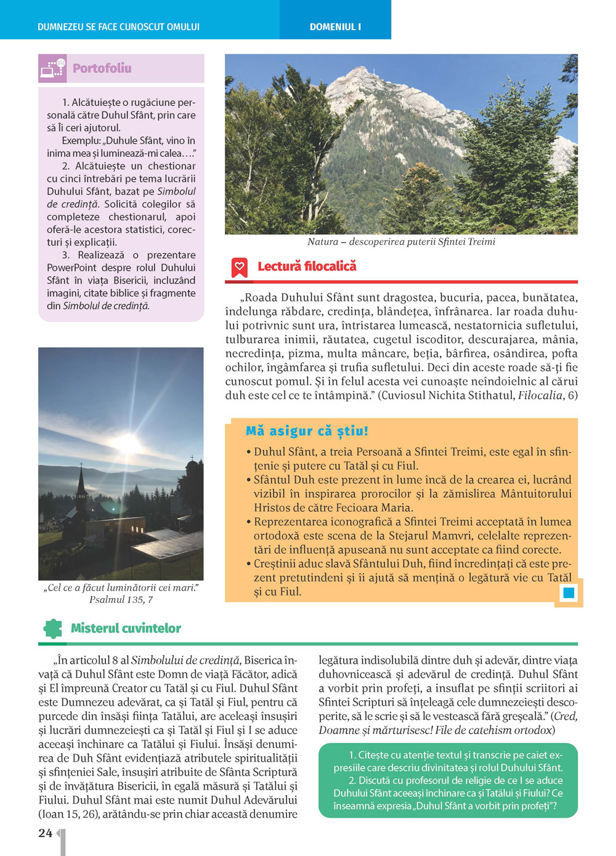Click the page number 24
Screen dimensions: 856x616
tap(45, 833)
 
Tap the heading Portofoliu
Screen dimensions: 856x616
tap(102, 68)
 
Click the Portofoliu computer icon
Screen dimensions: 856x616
tap(52, 68)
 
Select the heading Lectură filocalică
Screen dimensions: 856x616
tap(307, 266)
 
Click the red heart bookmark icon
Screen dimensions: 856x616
tap(239, 267)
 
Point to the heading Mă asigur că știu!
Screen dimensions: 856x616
tap(307, 431)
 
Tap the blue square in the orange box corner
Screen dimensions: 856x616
tap(569, 593)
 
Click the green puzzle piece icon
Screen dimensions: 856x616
tap(53, 628)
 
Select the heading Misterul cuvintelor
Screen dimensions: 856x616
tap(126, 628)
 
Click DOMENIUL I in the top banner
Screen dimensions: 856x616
tap(335, 27)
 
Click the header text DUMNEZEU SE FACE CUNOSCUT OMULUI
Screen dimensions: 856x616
tap(118, 27)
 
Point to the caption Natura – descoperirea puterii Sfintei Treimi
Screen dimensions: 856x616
tap(401, 242)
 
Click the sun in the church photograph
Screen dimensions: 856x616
tap(128, 442)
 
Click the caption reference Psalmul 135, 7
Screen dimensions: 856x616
tap(121, 599)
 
